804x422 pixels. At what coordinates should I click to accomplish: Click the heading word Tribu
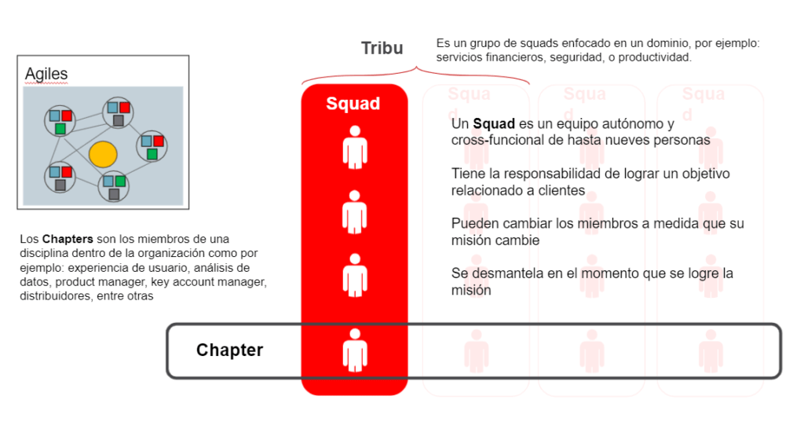(382, 48)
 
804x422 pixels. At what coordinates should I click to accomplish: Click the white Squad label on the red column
(353, 103)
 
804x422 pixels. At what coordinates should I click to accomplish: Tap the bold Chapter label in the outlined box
(230, 350)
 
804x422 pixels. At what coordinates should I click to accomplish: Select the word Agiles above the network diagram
(46, 74)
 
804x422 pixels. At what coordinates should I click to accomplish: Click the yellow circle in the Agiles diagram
(103, 154)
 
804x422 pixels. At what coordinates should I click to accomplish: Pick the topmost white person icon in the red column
(355, 147)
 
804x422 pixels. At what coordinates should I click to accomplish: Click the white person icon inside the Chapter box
(355, 350)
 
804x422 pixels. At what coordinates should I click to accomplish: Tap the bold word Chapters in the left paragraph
(68, 239)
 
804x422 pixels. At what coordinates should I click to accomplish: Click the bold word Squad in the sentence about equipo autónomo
(494, 123)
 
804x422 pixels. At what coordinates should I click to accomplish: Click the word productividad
(655, 57)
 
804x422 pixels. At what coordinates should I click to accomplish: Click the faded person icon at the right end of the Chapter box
(711, 351)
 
